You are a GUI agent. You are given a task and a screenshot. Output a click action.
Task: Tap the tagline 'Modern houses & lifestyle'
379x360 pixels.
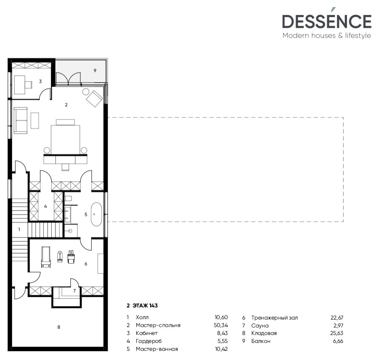[x=326, y=36]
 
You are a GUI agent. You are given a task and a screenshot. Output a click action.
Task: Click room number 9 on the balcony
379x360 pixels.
[x=95, y=71]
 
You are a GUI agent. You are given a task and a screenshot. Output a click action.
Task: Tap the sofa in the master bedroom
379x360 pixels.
[x=20, y=120]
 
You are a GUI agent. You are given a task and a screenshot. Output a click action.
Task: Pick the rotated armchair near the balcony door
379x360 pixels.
[x=95, y=98]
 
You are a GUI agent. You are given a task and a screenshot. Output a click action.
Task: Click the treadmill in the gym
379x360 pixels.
[x=46, y=257]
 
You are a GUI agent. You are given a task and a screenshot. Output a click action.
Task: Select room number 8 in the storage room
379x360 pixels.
[x=59, y=327]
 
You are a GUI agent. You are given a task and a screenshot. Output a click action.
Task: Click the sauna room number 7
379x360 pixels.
[x=74, y=291]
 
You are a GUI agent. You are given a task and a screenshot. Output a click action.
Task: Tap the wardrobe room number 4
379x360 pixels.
[x=45, y=206]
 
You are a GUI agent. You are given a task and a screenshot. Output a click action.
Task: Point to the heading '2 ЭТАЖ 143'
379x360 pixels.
[x=142, y=305]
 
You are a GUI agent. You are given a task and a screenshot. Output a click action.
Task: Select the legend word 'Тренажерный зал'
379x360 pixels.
[x=274, y=317]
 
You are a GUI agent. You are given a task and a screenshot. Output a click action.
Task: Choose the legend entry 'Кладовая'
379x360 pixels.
[x=264, y=333]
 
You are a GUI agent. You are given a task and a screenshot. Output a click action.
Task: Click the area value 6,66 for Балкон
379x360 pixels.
[x=336, y=341]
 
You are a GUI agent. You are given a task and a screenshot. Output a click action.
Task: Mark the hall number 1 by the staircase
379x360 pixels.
[x=18, y=229]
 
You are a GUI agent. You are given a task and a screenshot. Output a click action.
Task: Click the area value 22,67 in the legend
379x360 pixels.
[x=336, y=317]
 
